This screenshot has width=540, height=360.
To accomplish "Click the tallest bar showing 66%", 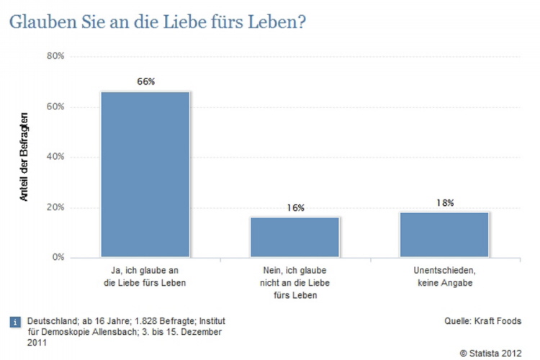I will tap(145, 174).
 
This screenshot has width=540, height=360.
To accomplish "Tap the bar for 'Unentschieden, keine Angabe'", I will tap(444, 234).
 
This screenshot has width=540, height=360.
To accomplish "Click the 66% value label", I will tap(146, 81).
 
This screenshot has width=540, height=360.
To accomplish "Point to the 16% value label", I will tap(295, 207).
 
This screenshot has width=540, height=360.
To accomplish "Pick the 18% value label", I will tap(445, 203).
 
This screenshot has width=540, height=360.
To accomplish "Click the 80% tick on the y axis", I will tap(55, 56).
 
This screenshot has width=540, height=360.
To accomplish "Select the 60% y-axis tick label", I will tap(55, 107).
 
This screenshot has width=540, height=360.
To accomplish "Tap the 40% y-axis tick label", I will tap(55, 157).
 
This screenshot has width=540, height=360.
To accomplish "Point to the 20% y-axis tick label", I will tap(55, 207).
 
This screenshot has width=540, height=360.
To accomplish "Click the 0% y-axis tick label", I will tap(58, 257).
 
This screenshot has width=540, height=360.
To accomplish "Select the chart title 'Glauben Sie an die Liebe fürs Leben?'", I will tap(158, 22).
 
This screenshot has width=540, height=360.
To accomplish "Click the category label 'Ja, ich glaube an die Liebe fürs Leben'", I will tap(145, 276).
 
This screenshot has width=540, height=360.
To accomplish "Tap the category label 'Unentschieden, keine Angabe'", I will tap(444, 276).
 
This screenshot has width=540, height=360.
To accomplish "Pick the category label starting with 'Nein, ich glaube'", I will tap(295, 282).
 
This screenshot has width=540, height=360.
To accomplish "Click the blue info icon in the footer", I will tap(15, 322).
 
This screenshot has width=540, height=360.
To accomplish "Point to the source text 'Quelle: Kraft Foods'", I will tap(482, 321).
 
